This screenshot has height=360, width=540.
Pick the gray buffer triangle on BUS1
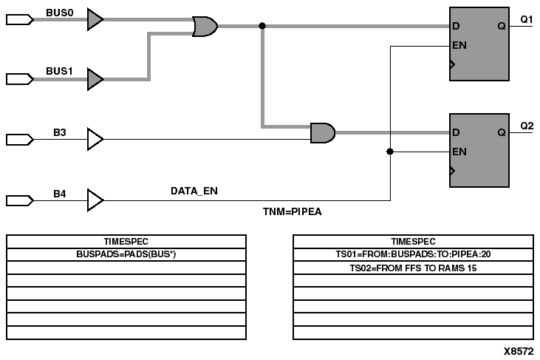point(95,78)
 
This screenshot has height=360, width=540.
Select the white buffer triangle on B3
point(95,138)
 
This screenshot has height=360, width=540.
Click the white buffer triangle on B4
point(95,200)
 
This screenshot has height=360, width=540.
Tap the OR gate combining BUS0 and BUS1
point(205,27)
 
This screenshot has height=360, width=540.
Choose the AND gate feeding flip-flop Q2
point(323,133)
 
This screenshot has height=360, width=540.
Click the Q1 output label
point(527,19)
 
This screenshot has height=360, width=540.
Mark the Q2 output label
point(527,126)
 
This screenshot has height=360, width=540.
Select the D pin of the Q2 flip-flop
point(456,133)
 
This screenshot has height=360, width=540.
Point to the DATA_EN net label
point(194,191)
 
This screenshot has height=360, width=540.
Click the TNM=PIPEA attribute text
point(293,211)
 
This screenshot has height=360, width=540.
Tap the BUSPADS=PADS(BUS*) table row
point(126,254)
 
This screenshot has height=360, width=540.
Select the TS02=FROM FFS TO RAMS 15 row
point(413,268)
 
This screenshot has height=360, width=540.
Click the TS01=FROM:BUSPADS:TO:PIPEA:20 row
point(413,254)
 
